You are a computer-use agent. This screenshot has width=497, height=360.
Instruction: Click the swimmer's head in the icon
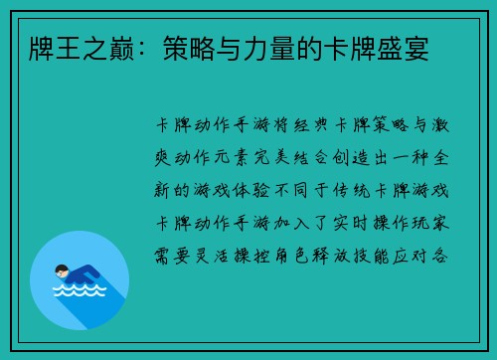62,270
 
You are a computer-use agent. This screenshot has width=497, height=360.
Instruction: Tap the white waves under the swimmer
79,292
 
